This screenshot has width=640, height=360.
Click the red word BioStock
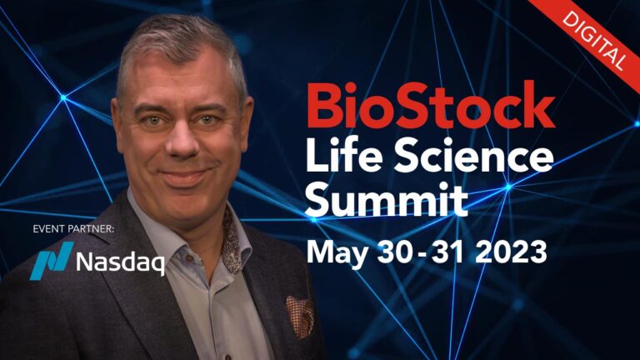tap(431, 105)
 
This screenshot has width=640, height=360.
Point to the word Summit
tap(387, 200)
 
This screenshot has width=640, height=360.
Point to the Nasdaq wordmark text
tap(120, 262)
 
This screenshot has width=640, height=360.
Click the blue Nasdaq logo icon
tap(52, 260)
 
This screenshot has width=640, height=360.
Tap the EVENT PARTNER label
tap(73, 229)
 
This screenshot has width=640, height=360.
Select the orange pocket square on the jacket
tap(300, 317)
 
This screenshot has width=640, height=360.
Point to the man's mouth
tap(186, 177)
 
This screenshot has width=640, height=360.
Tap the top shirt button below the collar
tap(189, 258)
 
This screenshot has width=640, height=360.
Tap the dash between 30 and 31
tap(422, 255)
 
